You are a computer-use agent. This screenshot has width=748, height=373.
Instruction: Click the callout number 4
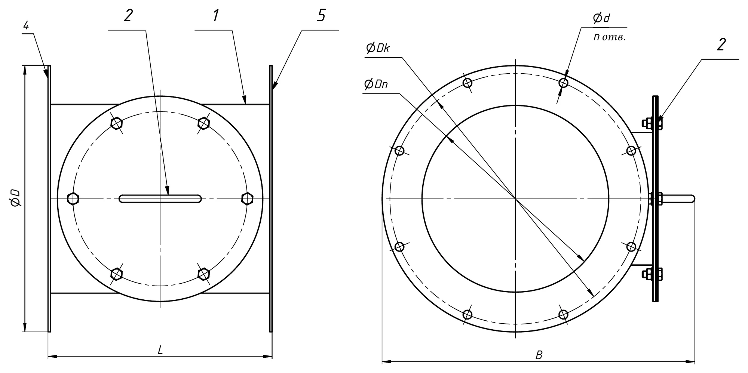(x=26, y=25)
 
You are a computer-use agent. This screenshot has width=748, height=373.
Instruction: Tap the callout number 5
(x=321, y=16)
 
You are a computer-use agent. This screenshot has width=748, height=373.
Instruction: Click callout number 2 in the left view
(x=128, y=16)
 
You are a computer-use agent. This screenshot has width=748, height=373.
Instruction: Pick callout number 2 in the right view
(x=721, y=44)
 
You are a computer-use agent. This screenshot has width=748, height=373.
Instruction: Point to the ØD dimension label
(x=15, y=198)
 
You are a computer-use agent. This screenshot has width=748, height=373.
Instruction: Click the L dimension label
(x=160, y=350)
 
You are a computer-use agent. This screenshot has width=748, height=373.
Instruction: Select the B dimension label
(x=539, y=355)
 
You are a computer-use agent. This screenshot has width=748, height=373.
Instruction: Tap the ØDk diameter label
(x=378, y=48)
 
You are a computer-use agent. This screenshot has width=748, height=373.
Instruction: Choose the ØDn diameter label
(x=375, y=84)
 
